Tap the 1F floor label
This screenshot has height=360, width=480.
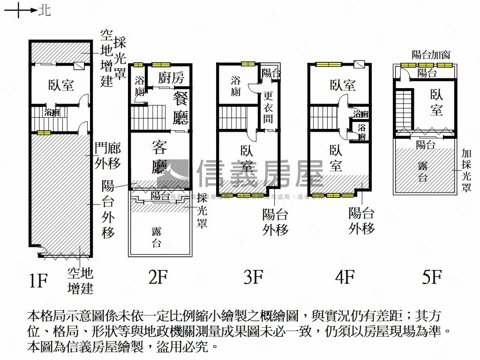point(38,280)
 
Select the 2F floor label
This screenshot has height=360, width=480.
point(157,277)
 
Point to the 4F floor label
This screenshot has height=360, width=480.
point(344,277)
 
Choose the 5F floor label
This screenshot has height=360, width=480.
point(432,277)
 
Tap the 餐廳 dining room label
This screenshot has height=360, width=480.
point(180,108)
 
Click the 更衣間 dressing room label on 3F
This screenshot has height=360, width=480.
point(268,106)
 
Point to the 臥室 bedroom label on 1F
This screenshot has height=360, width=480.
point(61,85)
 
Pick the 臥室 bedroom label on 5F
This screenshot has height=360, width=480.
point(436,102)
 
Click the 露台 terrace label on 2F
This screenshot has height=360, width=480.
point(157,237)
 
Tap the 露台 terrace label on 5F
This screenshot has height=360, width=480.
point(423,171)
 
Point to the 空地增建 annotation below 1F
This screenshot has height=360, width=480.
point(80,280)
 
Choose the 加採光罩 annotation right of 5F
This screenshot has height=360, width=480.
point(466,170)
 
